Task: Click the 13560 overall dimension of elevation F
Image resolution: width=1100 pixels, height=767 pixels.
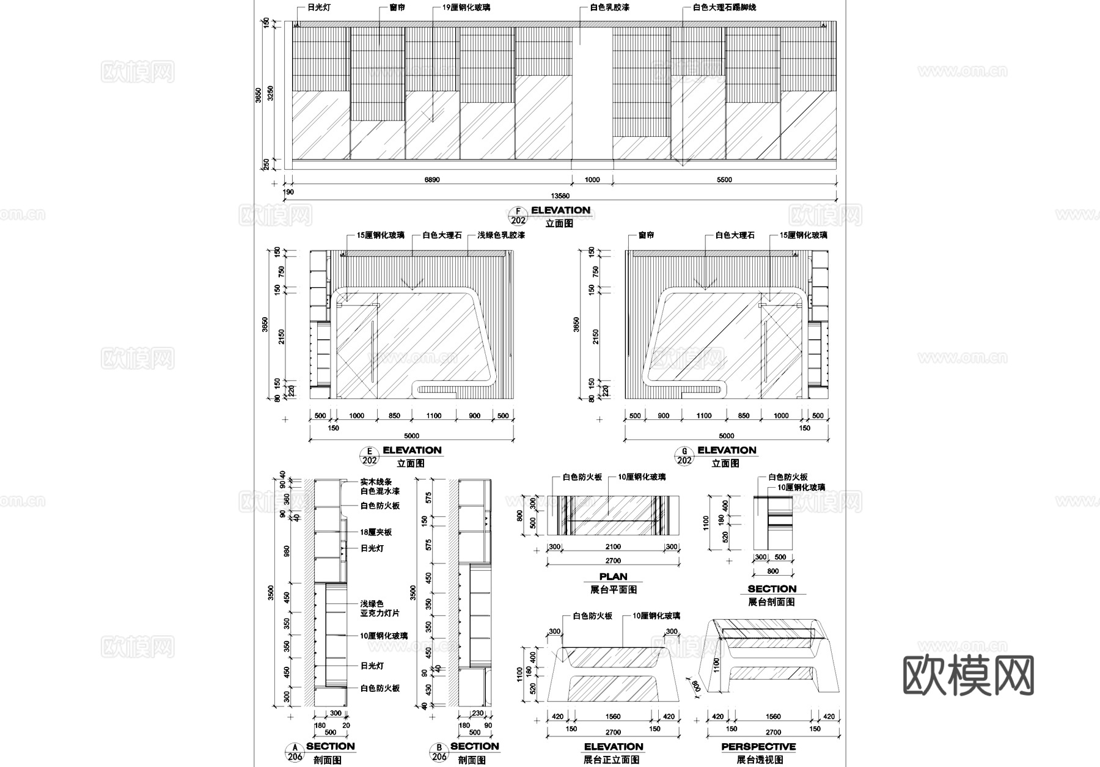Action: pos(560,196)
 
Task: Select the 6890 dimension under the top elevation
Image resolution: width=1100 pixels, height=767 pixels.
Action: pos(431,180)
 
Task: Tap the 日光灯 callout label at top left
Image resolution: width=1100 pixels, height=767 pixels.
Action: pos(310,8)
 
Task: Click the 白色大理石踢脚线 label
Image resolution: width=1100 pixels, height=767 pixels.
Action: pos(724,8)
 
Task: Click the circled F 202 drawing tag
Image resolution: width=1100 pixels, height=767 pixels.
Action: pos(518,216)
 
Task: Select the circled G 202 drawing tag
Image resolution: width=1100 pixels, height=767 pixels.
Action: pos(684,456)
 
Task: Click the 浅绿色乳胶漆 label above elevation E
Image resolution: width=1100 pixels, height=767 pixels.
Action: pos(501,235)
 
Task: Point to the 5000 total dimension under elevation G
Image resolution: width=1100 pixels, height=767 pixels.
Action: pos(726,436)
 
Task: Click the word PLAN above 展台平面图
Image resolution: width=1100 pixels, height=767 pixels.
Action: pos(613,576)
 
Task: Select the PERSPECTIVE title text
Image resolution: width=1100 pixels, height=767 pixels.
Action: pos(758,747)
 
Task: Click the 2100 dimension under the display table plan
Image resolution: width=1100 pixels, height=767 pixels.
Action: pos(612,547)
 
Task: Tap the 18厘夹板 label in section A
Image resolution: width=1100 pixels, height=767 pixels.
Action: pos(376,532)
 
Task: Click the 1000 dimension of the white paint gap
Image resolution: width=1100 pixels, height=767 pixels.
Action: pos(592,180)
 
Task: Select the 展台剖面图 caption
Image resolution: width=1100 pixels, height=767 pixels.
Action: pos(771,602)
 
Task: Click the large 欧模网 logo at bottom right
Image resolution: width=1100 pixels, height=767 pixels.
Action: pos(968,677)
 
